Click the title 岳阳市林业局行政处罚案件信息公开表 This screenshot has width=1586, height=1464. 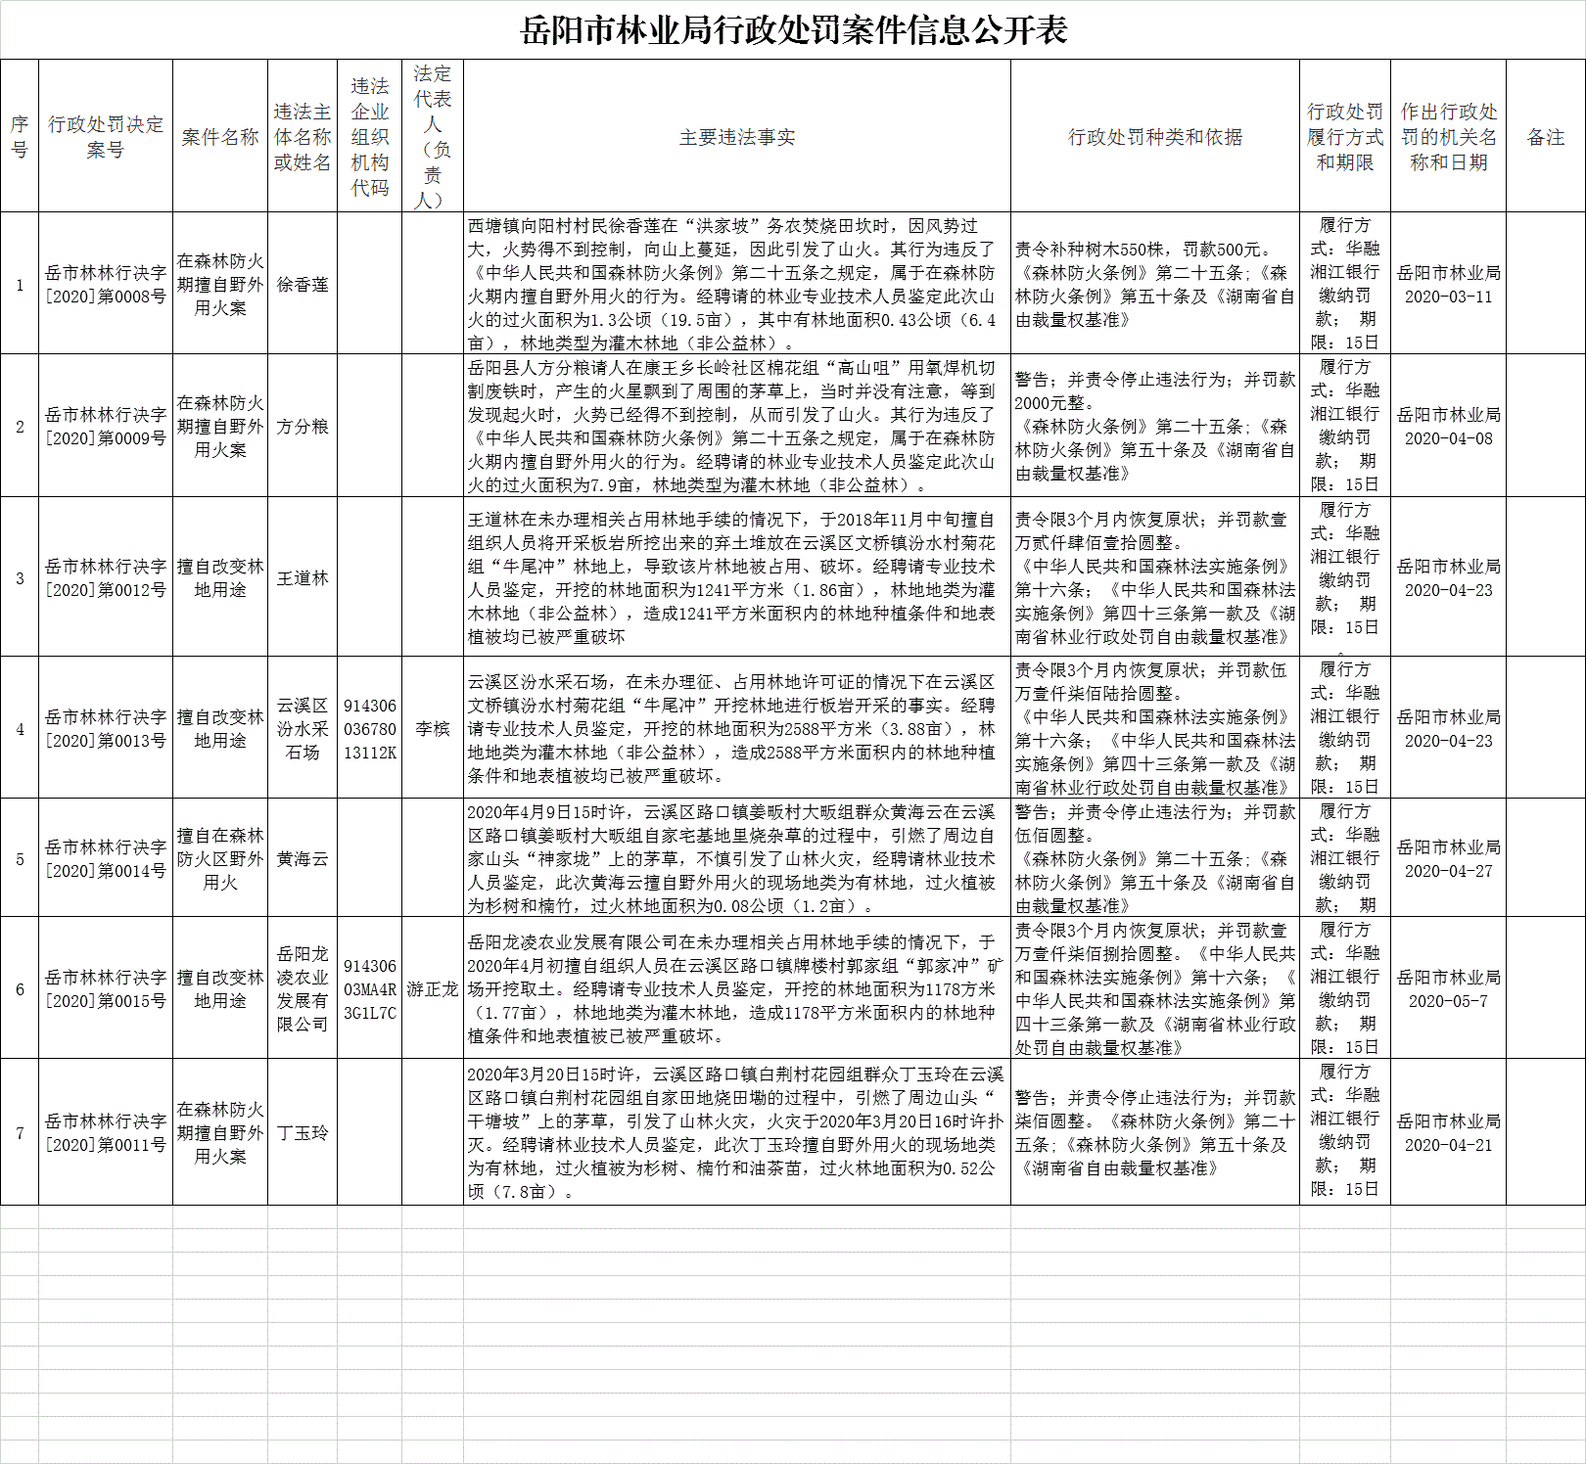[x=793, y=30]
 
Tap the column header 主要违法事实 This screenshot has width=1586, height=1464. [x=737, y=138]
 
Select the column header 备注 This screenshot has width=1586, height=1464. [x=1546, y=138]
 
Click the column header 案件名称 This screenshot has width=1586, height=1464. [x=220, y=138]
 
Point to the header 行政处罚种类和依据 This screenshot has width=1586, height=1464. [x=1155, y=138]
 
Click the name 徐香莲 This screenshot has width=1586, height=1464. [x=303, y=285]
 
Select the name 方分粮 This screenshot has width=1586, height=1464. [x=303, y=427]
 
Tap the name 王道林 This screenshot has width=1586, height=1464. [x=303, y=578]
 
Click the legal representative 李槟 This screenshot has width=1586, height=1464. [x=432, y=729]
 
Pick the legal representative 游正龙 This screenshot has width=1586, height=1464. [x=432, y=989]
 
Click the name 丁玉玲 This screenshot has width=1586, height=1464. [x=303, y=1133]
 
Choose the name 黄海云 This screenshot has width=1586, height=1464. [x=303, y=859]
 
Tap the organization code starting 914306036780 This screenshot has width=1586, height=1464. [x=370, y=729]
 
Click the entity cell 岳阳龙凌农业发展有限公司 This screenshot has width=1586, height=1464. [x=303, y=989]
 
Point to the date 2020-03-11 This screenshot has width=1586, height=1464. [x=1448, y=297]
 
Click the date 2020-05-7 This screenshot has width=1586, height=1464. [x=1448, y=1001]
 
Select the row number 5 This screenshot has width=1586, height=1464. [x=20, y=859]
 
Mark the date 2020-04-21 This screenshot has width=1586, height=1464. [x=1448, y=1145]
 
